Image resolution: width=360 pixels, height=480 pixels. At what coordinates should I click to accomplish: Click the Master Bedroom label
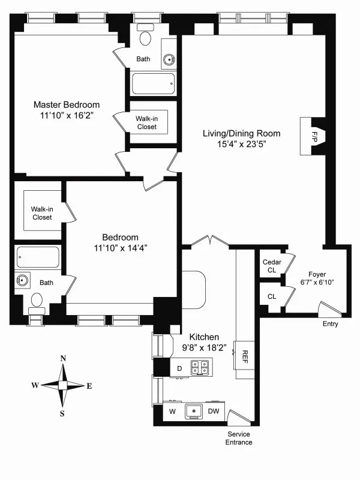(x=67, y=105)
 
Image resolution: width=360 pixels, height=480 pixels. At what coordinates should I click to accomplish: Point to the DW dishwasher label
(x=214, y=411)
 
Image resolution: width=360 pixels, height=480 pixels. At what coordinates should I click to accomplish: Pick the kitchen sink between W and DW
(x=193, y=411)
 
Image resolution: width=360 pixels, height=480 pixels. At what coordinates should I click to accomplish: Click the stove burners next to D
(x=199, y=367)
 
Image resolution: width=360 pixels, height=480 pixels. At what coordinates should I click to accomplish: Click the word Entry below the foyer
(x=330, y=324)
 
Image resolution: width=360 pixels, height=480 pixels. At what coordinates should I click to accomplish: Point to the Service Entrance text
(x=239, y=438)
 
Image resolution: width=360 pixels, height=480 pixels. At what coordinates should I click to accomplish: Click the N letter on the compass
(x=63, y=358)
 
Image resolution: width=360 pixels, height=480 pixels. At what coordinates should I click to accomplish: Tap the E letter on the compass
(x=89, y=386)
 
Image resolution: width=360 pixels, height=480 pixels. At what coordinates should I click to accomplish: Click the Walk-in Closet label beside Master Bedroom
(x=146, y=123)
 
